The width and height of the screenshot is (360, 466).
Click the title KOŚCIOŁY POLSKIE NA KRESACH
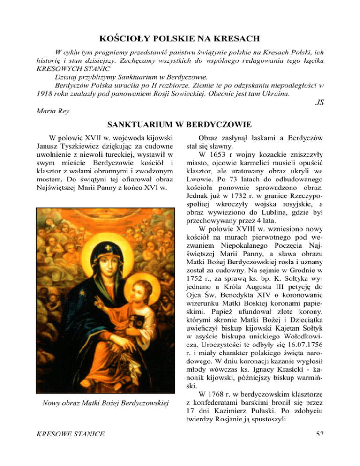point(180,38)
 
